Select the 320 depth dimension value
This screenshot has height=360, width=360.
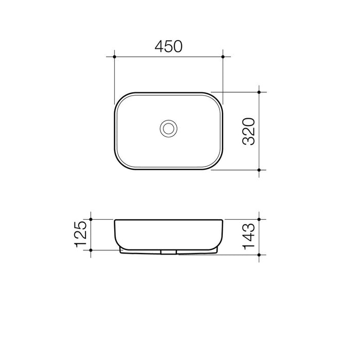248,131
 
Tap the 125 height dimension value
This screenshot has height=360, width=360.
81,235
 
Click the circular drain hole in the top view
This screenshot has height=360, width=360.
168,128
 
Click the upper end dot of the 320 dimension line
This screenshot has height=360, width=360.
260,93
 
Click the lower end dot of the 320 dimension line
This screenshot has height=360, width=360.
260,169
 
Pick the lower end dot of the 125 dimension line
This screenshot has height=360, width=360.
91,250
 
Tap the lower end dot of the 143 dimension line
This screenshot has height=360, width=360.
260,254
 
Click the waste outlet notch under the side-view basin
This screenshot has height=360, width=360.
168,253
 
